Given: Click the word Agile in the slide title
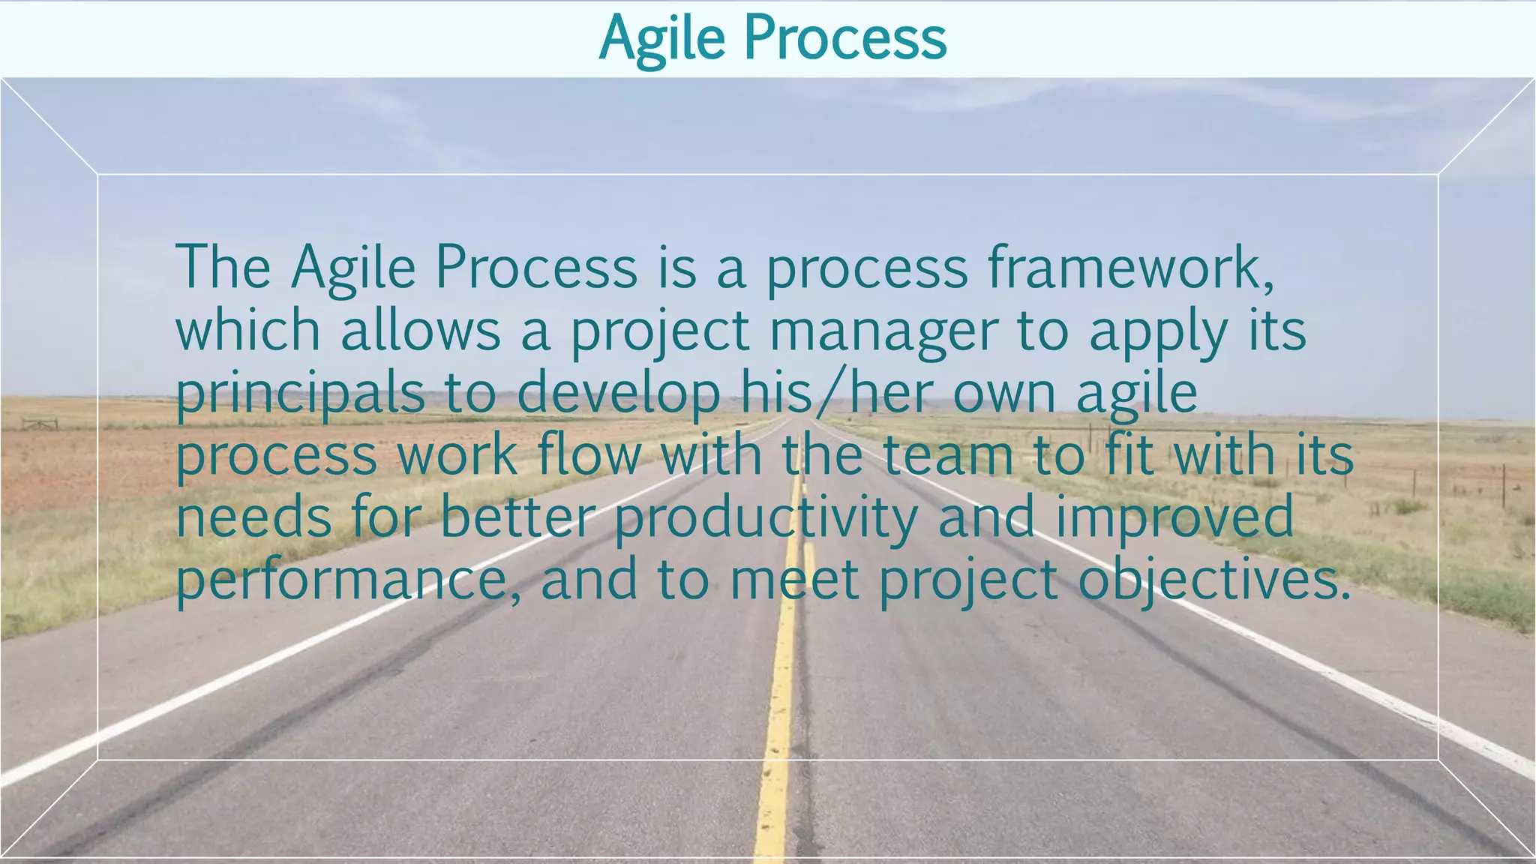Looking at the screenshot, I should click(661, 39).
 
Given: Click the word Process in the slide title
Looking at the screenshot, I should click(845, 39).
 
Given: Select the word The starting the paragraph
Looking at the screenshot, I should click(223, 268).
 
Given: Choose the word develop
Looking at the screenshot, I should click(618, 394).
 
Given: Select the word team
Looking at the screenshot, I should click(947, 455).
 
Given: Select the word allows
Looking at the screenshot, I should click(421, 331).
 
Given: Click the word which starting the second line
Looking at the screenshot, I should click(248, 331).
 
